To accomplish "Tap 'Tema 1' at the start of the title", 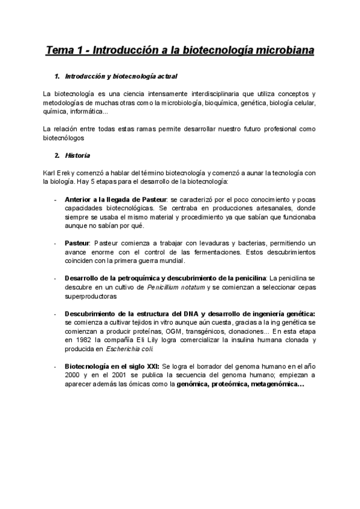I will click(x=64, y=51).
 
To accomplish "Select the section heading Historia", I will click(x=79, y=156).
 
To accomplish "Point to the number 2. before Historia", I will click(x=57, y=156).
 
